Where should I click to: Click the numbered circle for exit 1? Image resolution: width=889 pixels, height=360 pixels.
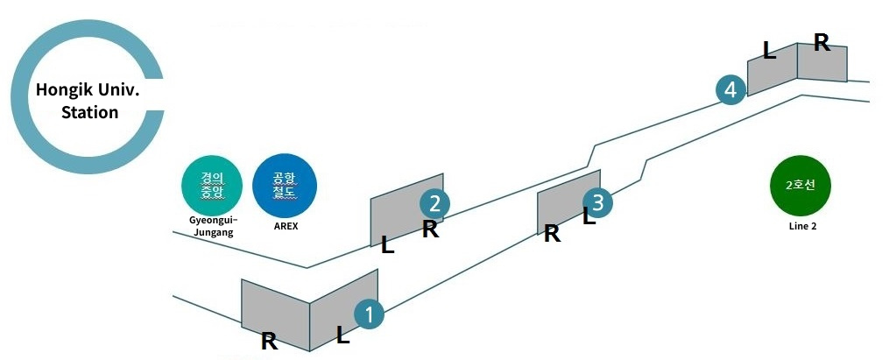369,314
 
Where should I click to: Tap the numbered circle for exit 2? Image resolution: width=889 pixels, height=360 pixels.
434,203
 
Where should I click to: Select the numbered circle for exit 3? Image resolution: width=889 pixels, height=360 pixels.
598,201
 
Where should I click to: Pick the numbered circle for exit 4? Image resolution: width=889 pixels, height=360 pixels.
730,89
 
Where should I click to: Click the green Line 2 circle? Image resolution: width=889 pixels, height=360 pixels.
801,186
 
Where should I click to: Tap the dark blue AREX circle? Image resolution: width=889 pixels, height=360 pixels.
285,186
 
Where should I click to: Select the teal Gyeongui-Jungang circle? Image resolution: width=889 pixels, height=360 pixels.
212,186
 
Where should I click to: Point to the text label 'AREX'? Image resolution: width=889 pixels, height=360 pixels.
286,226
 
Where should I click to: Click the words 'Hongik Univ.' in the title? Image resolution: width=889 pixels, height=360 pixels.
88,90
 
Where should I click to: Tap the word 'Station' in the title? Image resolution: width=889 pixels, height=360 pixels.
89,112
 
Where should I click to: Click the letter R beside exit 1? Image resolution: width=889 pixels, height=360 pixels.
269,342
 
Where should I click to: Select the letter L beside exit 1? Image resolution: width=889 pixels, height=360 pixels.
342,335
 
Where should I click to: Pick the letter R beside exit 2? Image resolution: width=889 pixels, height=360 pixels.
430,229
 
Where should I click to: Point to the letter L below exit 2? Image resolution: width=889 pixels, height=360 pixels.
387,245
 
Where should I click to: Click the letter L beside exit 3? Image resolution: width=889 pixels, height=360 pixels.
589,216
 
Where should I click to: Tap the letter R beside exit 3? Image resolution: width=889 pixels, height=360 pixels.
552,233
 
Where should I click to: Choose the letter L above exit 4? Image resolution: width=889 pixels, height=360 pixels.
769,51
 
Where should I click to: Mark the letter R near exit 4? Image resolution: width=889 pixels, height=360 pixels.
822,42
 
